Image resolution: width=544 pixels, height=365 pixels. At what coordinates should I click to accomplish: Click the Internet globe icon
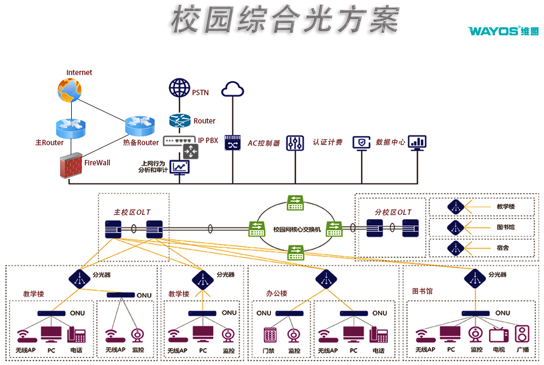click(x=69, y=90)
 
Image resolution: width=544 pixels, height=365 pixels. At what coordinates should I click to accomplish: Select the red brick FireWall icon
click(x=70, y=166)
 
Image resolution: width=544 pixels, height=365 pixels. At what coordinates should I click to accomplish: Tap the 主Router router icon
click(x=67, y=128)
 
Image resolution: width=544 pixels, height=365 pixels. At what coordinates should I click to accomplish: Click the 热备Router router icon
click(x=137, y=126)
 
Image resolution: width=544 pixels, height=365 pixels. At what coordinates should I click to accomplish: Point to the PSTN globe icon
click(x=179, y=88)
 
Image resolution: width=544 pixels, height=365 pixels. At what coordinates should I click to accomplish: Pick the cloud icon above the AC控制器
click(x=233, y=89)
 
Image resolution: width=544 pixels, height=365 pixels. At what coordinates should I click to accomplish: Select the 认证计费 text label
click(x=327, y=143)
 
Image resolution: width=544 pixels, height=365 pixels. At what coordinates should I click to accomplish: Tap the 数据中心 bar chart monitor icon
click(x=417, y=143)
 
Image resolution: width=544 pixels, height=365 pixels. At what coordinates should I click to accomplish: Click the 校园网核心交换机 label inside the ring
click(x=297, y=229)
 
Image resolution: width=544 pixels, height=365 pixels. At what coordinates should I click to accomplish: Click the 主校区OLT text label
click(x=132, y=212)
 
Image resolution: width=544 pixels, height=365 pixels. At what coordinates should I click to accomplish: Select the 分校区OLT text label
click(x=393, y=212)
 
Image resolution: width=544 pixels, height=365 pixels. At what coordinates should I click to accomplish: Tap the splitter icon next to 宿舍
click(x=456, y=248)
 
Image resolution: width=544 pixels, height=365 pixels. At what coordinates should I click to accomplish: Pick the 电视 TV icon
click(x=498, y=335)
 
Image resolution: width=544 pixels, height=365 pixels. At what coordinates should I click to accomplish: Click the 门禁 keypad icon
click(x=270, y=335)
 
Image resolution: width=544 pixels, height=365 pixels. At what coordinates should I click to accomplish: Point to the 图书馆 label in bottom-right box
click(x=422, y=292)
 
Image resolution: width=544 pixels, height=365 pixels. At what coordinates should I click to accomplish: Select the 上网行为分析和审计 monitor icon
click(x=180, y=166)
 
